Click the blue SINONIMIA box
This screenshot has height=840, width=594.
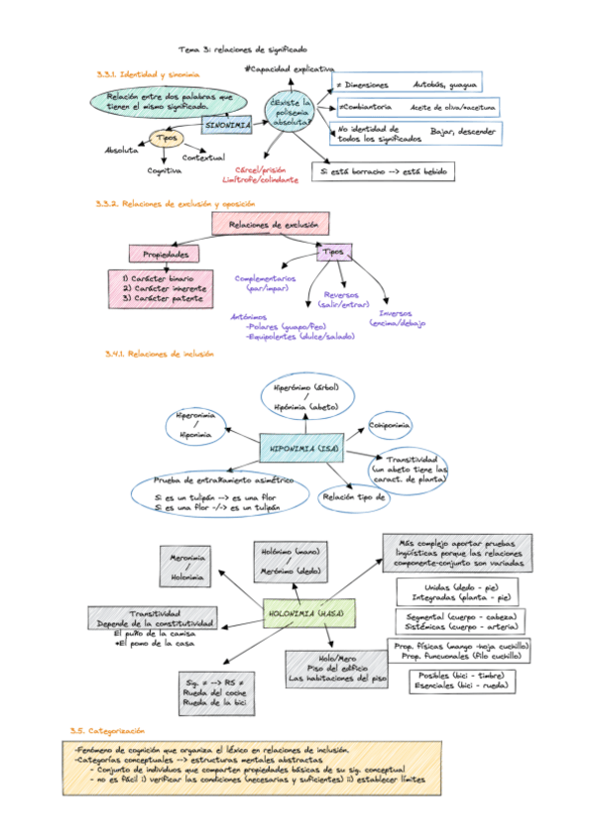(x=227, y=126)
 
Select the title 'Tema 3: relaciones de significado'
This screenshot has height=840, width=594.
(x=243, y=49)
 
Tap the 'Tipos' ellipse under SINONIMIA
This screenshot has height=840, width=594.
(x=167, y=138)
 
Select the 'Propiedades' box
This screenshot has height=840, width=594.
(x=159, y=255)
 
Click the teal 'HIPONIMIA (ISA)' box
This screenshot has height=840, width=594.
(x=301, y=449)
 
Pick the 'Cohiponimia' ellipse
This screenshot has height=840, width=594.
(x=397, y=427)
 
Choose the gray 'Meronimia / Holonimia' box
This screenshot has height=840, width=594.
(x=187, y=567)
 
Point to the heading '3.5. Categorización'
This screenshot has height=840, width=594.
(x=103, y=730)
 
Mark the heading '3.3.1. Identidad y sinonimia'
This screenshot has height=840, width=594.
(x=148, y=75)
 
